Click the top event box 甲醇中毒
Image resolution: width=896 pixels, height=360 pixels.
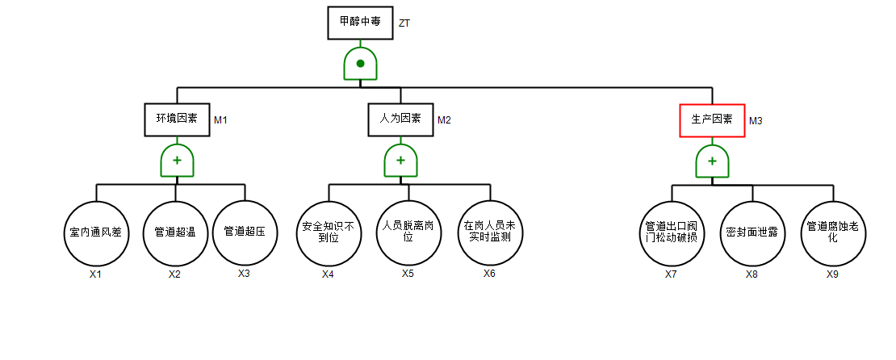[360, 23]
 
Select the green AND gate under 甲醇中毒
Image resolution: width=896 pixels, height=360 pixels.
[360, 63]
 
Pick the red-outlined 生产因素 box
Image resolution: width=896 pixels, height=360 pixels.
[712, 120]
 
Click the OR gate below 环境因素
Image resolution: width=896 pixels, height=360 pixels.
[177, 161]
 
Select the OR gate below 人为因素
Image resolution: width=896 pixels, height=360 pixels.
[400, 161]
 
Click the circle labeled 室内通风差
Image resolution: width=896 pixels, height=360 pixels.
[95, 232]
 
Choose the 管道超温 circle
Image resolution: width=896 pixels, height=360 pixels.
[175, 232]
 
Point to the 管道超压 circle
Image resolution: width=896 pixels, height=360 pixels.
[245, 232]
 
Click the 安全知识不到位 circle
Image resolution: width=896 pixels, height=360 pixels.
[328, 232]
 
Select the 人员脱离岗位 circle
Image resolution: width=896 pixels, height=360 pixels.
[408, 232]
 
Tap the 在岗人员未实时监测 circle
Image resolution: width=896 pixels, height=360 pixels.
[490, 232]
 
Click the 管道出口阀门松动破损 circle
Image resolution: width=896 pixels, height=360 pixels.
[672, 232]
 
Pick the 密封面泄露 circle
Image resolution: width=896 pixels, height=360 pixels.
[752, 232]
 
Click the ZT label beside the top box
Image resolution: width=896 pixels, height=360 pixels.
[404, 23]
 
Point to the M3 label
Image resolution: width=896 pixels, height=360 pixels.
[756, 121]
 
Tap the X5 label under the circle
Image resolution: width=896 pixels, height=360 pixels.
[408, 273]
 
